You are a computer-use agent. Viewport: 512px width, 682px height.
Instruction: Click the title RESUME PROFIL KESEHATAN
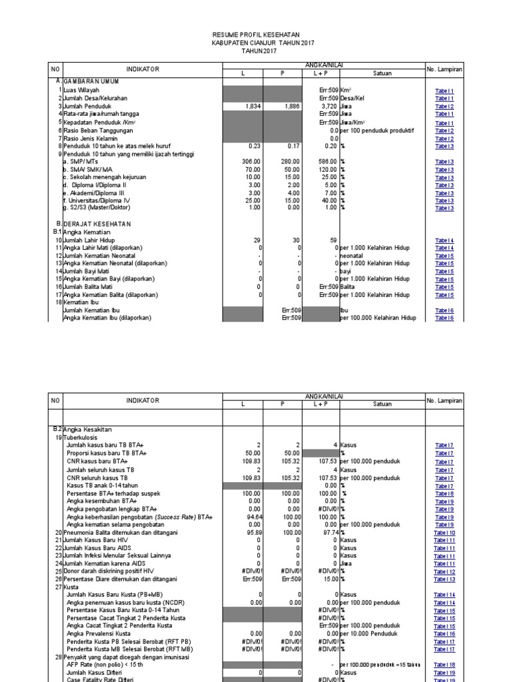pos(255,34)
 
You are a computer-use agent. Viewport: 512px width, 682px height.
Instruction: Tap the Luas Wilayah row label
pos(81,89)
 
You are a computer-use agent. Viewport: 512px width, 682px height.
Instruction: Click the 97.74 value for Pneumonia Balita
pos(328,532)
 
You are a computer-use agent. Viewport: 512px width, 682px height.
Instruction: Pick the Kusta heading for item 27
pos(71,587)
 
